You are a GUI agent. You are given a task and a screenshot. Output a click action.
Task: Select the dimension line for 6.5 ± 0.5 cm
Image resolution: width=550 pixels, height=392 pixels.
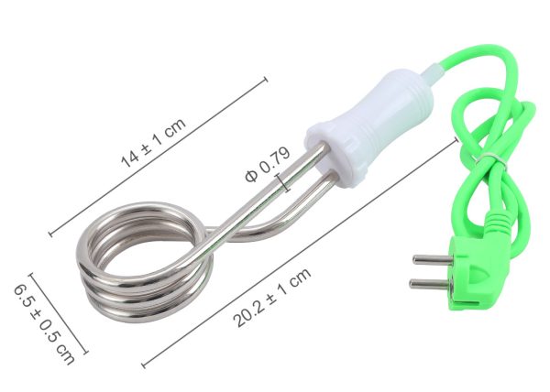pyautogui.click(x=59, y=311)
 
